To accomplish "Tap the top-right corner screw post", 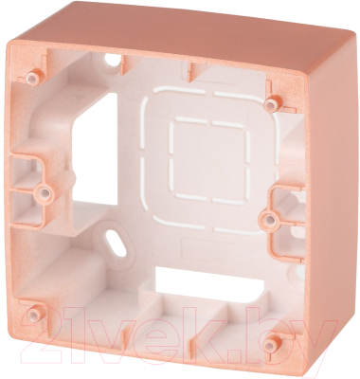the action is point(272,102).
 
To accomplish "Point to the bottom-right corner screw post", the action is point(271,343).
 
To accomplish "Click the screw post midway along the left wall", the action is point(45,192).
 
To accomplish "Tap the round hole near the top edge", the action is point(111,59).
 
